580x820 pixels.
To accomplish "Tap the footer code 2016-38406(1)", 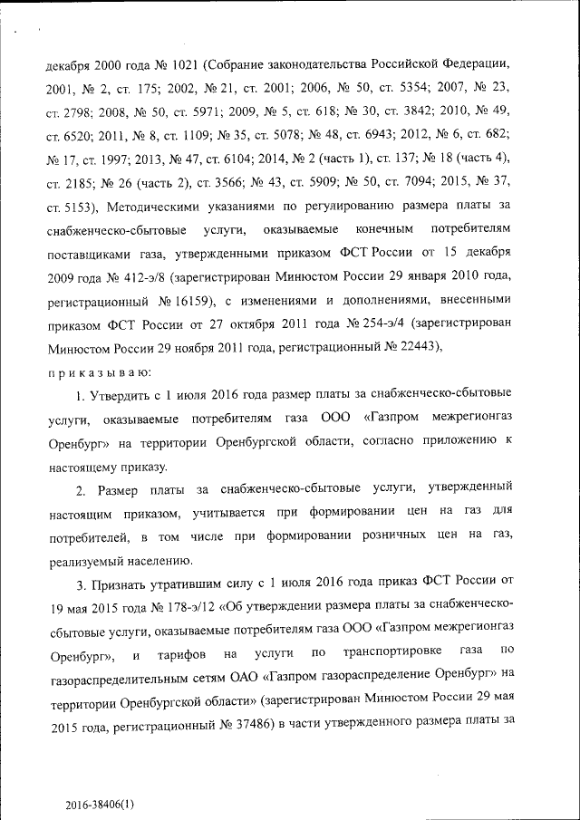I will [x=100, y=804].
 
